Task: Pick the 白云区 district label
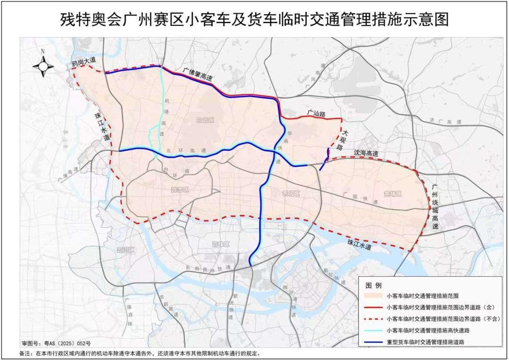point(205,121)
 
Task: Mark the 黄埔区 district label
point(393,194)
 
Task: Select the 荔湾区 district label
point(126,250)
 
